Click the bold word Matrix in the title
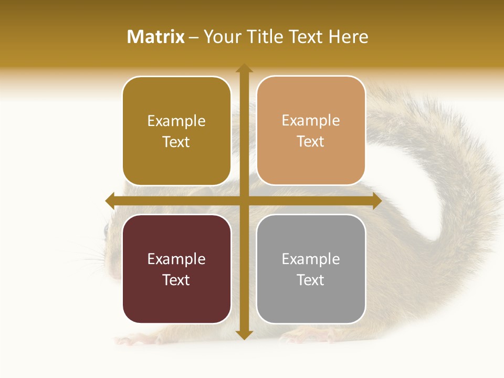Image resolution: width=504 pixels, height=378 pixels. tap(156, 37)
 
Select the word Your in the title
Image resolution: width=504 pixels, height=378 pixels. tap(220, 37)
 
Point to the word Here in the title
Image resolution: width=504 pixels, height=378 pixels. tap(348, 37)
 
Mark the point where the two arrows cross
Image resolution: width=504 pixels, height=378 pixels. tap(244, 201)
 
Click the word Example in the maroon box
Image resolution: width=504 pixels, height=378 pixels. tap(176, 259)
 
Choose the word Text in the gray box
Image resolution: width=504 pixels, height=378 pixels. tap(310, 280)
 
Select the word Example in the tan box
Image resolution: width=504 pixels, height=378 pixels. tap(310, 120)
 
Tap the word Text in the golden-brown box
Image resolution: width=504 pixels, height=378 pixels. tap(176, 142)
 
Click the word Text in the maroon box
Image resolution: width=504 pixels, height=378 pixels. tap(176, 280)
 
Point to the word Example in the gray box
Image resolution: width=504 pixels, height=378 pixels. tap(310, 259)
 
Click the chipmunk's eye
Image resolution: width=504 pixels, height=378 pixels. tap(106, 229)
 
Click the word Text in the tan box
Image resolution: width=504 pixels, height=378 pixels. tap(310, 141)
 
